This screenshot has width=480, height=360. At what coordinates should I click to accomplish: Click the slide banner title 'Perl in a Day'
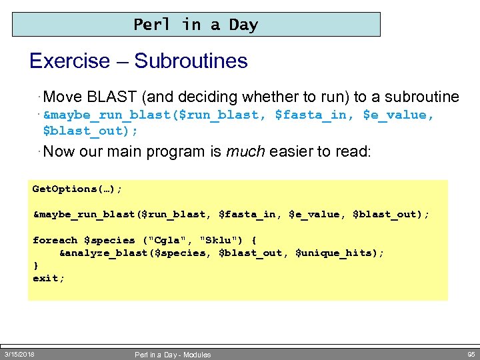(x=195, y=25)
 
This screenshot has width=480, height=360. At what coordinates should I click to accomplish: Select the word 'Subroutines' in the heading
(x=191, y=61)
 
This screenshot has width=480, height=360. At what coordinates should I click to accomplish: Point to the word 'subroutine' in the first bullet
(x=424, y=97)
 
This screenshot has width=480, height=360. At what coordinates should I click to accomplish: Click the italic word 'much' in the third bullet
(x=243, y=151)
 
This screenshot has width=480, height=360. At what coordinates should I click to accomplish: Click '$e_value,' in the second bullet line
(x=398, y=115)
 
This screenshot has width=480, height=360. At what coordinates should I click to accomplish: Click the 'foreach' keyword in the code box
(x=55, y=240)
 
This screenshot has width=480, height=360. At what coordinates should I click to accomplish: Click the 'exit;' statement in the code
(x=49, y=278)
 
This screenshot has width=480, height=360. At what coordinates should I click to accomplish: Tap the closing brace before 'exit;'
(x=36, y=265)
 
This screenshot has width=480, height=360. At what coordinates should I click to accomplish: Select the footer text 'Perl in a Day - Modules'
(x=173, y=355)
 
